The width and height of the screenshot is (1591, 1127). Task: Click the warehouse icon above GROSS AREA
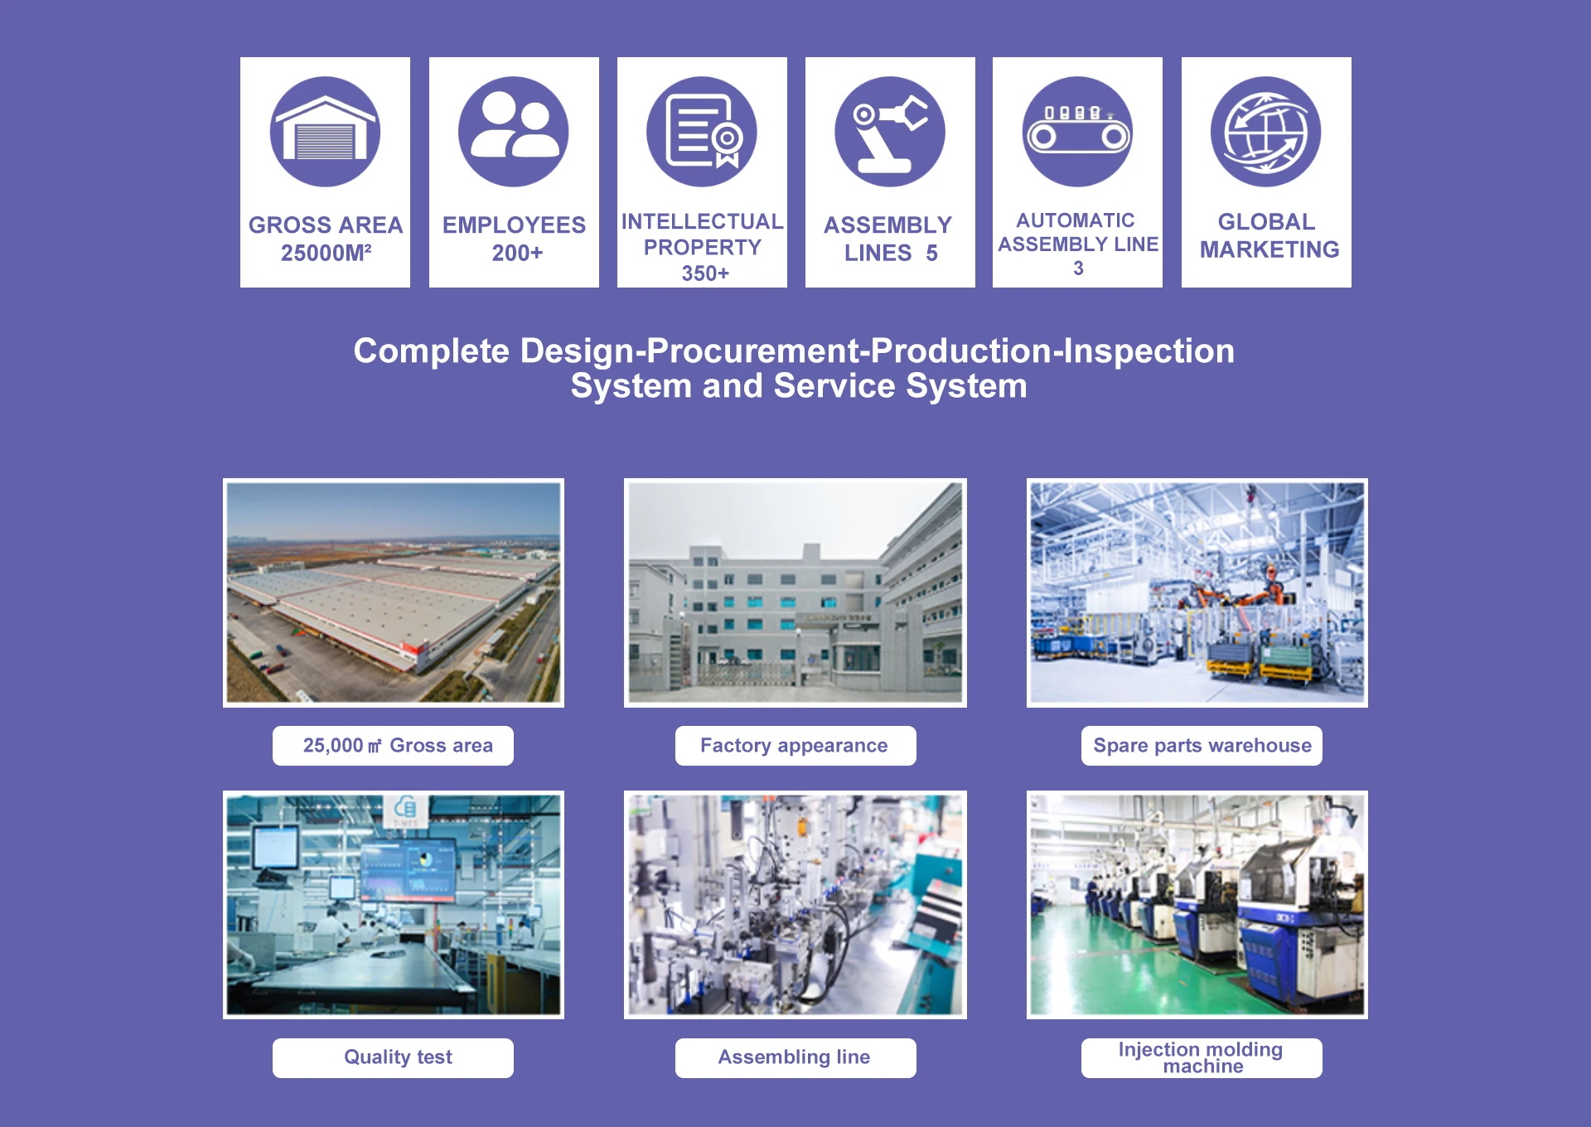click(x=325, y=132)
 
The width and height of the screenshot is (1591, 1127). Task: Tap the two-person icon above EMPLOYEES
click(x=514, y=132)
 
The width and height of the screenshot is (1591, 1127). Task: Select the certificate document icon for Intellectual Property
click(x=702, y=132)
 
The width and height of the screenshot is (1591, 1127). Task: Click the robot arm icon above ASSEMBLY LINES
click(x=890, y=132)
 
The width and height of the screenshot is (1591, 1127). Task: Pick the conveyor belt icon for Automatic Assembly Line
click(x=1077, y=132)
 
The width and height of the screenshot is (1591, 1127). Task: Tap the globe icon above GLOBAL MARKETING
click(x=1265, y=132)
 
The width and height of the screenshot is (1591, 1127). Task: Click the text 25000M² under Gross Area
click(x=326, y=253)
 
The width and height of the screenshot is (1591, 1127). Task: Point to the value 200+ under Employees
click(x=517, y=253)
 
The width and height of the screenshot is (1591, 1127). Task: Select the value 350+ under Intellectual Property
click(x=705, y=273)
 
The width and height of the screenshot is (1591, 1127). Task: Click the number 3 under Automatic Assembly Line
click(x=1078, y=268)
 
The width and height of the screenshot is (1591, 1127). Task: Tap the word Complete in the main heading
click(x=431, y=351)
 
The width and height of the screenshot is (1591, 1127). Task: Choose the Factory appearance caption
click(x=794, y=746)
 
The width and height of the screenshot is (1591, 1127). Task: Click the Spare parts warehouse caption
click(x=1202, y=746)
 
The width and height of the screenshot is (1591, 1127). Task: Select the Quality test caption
click(x=398, y=1057)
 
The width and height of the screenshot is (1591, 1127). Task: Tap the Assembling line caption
click(x=794, y=1057)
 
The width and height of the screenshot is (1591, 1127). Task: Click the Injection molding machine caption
click(x=1202, y=1057)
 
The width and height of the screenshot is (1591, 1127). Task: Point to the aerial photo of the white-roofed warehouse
click(x=394, y=593)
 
